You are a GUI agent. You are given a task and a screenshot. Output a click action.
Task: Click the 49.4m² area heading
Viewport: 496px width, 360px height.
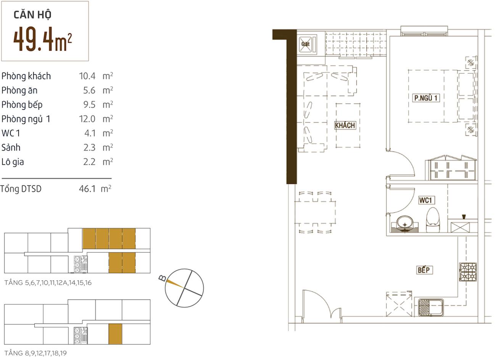42,39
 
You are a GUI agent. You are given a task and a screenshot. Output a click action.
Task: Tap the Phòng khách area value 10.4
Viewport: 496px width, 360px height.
87,76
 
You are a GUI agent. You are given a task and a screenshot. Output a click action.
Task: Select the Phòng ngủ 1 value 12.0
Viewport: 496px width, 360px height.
87,119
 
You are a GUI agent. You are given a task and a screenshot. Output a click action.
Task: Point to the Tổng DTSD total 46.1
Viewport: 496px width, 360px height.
87,189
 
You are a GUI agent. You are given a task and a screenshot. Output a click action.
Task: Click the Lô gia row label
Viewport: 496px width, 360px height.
13,162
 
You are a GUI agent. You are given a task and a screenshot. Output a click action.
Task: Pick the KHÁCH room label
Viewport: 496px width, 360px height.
345,125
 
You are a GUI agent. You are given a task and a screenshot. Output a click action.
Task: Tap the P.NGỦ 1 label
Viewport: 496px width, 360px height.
426,98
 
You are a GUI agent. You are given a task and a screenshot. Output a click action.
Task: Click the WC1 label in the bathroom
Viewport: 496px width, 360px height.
425,200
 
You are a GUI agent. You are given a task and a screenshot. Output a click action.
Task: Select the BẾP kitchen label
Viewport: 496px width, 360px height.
424,270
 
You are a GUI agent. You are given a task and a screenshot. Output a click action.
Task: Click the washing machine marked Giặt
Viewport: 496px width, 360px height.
307,44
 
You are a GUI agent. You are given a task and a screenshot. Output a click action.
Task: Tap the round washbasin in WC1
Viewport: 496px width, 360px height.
405,224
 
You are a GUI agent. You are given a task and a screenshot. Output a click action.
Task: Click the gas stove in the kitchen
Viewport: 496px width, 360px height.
468,272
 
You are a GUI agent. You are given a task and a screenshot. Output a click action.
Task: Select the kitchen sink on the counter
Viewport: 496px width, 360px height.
430,307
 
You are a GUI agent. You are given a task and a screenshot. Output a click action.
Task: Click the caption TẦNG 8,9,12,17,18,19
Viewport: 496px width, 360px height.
35,353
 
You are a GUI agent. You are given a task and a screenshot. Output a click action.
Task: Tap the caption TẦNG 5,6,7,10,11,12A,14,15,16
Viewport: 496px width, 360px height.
48,283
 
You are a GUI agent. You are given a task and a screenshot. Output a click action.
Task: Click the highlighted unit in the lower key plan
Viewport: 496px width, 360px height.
115,334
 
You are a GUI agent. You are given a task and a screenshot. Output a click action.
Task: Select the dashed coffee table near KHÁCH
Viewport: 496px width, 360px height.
348,125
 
